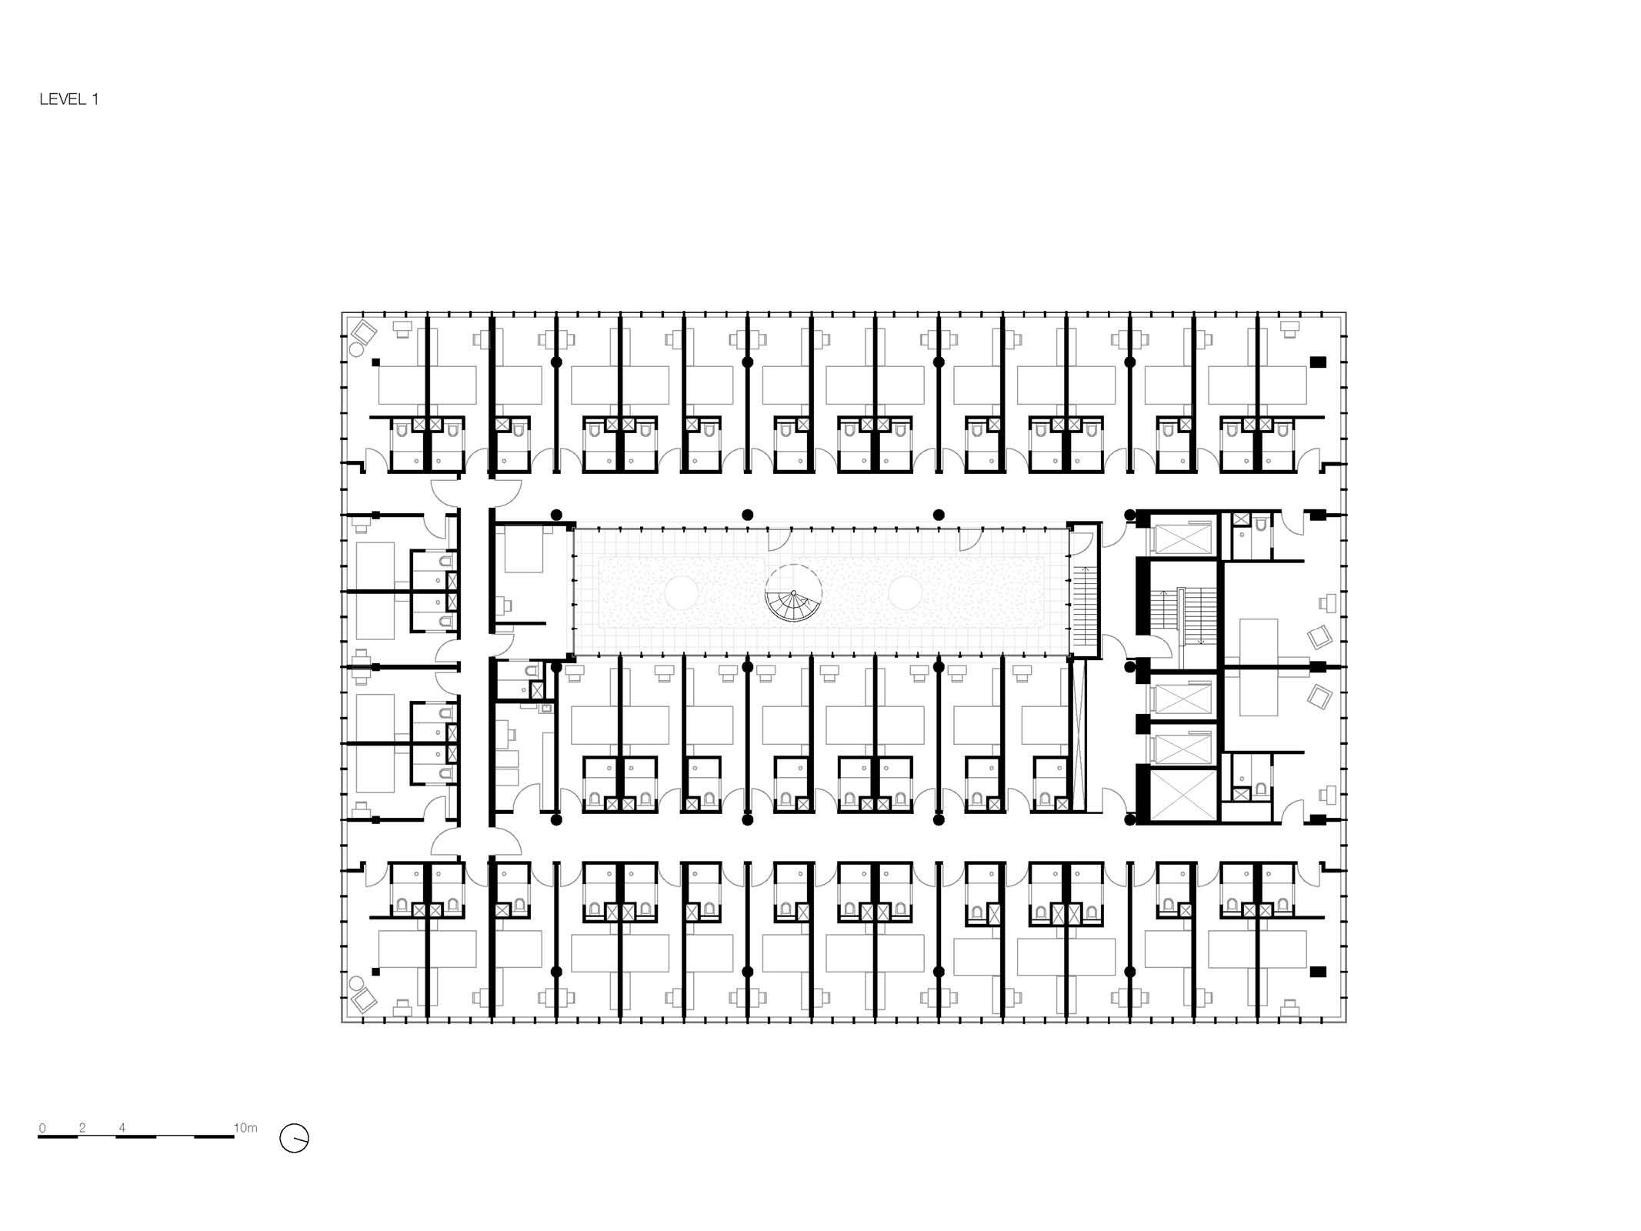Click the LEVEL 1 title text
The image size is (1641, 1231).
click(69, 99)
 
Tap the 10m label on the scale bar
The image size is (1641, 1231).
click(245, 1128)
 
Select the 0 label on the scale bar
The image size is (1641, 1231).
click(42, 1128)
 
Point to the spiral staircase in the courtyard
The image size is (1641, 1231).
click(793, 594)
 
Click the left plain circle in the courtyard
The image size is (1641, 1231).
click(682, 594)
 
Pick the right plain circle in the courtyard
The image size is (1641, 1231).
click(906, 594)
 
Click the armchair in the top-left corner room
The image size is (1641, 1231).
click(364, 333)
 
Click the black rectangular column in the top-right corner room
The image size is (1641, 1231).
click(1318, 362)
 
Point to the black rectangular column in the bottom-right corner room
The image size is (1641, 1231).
click(1318, 972)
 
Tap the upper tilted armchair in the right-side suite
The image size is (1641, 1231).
click(1320, 638)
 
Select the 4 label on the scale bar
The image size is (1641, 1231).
click(122, 1128)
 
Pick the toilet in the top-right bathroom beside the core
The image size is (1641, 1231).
click(1259, 525)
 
